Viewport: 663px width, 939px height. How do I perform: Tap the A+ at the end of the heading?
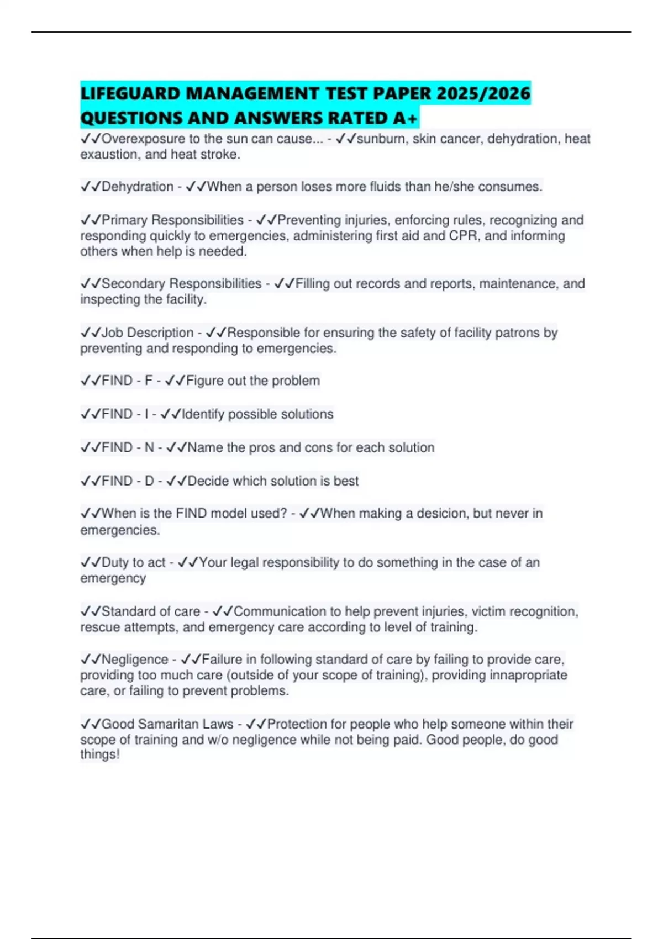409,118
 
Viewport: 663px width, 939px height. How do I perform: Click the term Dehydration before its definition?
137,187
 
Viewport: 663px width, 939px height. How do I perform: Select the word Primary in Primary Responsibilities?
124,220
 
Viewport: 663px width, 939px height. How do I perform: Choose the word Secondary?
133,283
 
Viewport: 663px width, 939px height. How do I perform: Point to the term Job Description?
147,333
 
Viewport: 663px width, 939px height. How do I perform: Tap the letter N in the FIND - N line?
149,447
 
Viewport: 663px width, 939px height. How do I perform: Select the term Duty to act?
133,562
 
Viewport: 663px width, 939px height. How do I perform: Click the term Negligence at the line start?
135,660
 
